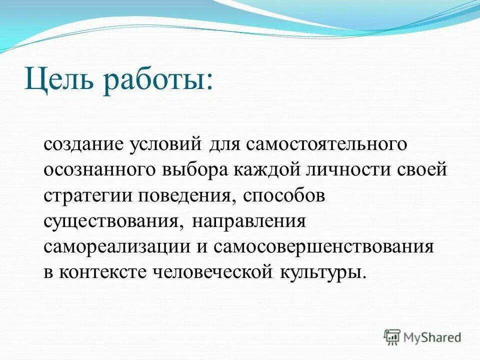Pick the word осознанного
[99, 170]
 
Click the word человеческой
[215, 273]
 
